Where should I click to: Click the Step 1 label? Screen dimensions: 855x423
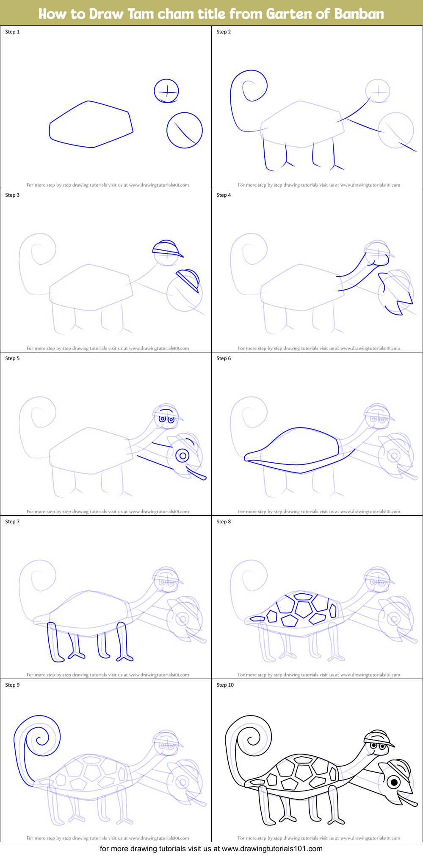[12, 32]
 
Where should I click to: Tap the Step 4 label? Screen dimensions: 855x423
[224, 195]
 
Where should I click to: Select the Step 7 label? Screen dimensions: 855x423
[12, 522]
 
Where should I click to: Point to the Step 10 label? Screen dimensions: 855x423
[225, 685]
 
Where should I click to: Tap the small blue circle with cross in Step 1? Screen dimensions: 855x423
[166, 91]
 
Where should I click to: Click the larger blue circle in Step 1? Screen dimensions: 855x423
[185, 130]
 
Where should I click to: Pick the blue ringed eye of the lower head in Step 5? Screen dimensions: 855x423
[183, 456]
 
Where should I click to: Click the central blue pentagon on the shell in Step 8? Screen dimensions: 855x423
[304, 609]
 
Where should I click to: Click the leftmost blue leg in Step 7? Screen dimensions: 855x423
[54, 642]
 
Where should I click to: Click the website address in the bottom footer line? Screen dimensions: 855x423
[272, 849]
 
